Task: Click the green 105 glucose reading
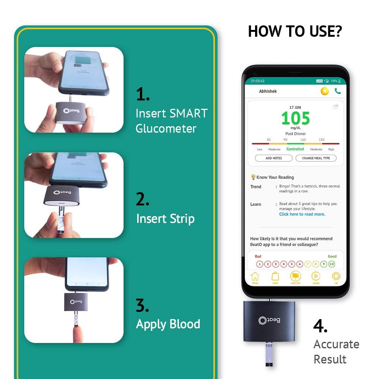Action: pyautogui.click(x=296, y=119)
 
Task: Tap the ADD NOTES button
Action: pyautogui.click(x=274, y=158)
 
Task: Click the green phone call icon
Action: pyautogui.click(x=338, y=91)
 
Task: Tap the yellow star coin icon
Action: pyautogui.click(x=324, y=91)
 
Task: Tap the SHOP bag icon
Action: pyautogui.click(x=276, y=277)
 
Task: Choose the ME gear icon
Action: pyautogui.click(x=336, y=277)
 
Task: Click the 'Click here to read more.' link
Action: pyautogui.click(x=302, y=214)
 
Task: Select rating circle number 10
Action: pyautogui.click(x=332, y=264)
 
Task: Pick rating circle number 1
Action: pyautogui.click(x=260, y=264)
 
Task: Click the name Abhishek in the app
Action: pyautogui.click(x=268, y=91)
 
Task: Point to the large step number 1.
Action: pyautogui.click(x=143, y=95)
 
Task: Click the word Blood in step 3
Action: pyautogui.click(x=185, y=324)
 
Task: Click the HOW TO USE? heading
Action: pyautogui.click(x=294, y=31)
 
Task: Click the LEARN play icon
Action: pyautogui.click(x=316, y=277)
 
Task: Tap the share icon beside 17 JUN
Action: pyautogui.click(x=335, y=107)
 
